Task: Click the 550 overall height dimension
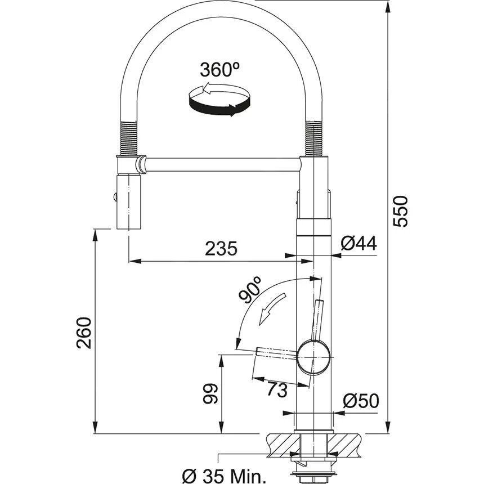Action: tap(401, 211)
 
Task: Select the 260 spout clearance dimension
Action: tap(84, 333)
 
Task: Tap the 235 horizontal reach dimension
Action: tap(221, 248)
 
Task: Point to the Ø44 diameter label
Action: tap(358, 243)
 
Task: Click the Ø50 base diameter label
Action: tap(360, 401)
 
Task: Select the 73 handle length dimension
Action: tap(277, 389)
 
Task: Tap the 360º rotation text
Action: tap(219, 70)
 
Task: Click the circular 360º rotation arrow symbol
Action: tap(219, 100)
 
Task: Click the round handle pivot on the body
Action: tap(313, 357)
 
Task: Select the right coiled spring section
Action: tap(313, 138)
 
